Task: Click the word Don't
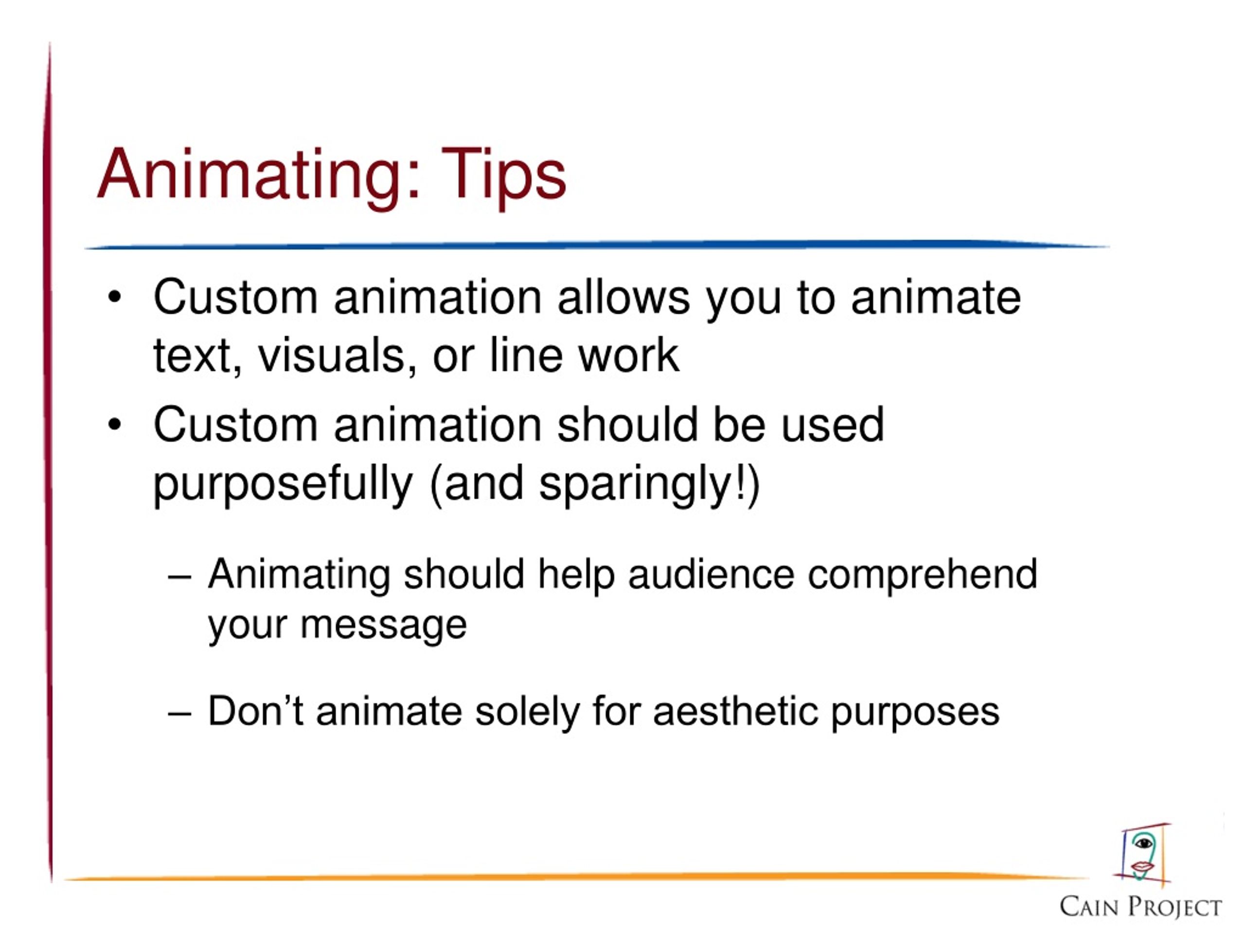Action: coord(256,711)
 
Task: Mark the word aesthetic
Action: coord(735,711)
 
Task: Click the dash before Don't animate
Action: coord(179,713)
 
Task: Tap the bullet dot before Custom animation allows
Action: coord(115,297)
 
